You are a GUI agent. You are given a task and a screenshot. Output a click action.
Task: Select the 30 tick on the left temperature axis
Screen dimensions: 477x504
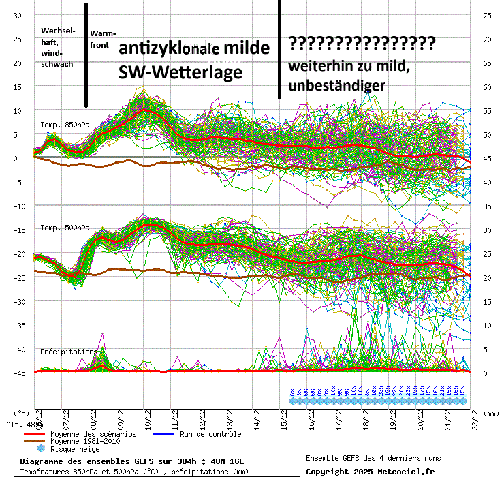[18, 16]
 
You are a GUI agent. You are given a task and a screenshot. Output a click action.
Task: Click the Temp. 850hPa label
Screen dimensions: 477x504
[65, 125]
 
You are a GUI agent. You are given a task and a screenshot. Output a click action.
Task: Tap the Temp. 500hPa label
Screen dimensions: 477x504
[65, 228]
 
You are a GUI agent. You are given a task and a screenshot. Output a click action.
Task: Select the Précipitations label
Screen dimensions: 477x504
[69, 352]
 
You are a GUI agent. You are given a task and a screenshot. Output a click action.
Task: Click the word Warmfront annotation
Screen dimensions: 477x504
[103, 39]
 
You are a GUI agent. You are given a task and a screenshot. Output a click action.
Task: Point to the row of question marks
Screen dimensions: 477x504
[362, 44]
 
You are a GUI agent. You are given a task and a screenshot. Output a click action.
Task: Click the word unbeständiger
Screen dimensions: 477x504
[338, 85]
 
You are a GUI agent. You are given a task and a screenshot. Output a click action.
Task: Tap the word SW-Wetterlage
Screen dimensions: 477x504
[180, 72]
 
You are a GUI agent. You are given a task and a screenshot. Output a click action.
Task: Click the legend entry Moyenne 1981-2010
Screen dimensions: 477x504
[85, 442]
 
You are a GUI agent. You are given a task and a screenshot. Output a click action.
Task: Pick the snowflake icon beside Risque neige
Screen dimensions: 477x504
[40, 449]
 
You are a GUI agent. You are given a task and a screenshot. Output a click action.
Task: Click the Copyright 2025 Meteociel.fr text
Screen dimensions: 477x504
[371, 471]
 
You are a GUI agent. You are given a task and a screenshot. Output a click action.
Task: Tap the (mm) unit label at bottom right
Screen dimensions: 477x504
[489, 413]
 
